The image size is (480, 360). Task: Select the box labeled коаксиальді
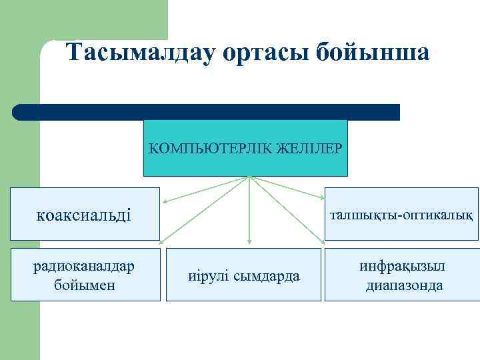coord(85,214)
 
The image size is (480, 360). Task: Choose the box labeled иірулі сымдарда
coord(243,275)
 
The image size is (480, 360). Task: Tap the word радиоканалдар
coord(85,266)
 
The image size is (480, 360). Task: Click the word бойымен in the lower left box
coord(85,285)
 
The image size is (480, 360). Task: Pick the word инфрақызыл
coord(402,266)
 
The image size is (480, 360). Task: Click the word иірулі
coord(209,275)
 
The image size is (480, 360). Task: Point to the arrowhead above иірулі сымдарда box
coord(249,241)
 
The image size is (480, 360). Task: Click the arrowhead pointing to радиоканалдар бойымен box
coord(164,239)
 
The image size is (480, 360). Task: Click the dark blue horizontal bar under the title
coord(206,112)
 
